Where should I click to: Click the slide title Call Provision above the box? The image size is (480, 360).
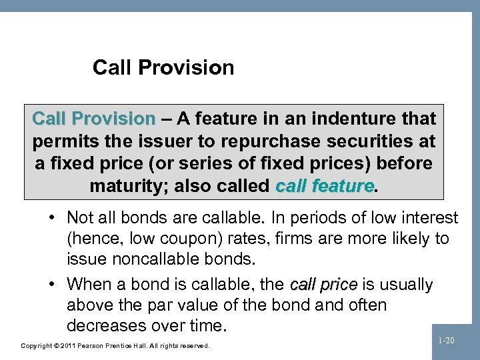[x=163, y=67]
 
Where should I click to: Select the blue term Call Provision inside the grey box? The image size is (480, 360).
[x=93, y=119]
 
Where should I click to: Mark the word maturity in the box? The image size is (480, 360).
[x=129, y=186]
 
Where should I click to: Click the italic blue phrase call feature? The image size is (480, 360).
[x=325, y=186]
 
